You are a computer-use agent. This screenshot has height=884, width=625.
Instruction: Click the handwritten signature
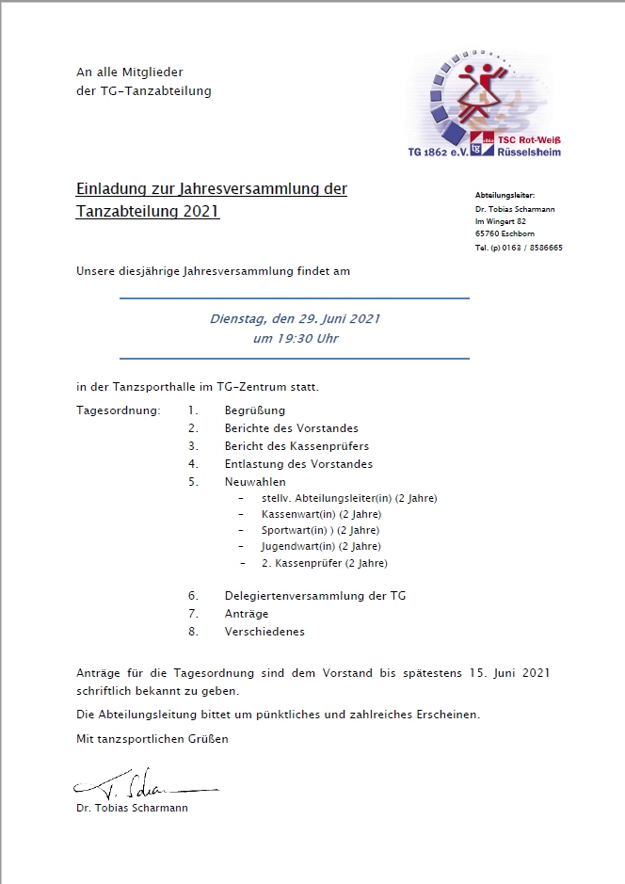coord(141,784)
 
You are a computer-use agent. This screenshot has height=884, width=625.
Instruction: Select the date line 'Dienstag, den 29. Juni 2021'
coord(295,319)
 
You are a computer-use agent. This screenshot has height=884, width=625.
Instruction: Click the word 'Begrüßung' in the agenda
coord(254,410)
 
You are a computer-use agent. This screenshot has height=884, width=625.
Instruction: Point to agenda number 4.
coord(192,464)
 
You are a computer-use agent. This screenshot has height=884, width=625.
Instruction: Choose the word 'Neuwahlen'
coord(255,482)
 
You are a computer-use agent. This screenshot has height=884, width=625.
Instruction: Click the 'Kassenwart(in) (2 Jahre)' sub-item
coord(321,514)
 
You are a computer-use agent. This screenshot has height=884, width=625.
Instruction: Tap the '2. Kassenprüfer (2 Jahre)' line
coord(324,563)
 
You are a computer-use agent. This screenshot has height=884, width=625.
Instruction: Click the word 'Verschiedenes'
coord(264,632)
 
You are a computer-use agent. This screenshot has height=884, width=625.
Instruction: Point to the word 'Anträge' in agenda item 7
coord(247,614)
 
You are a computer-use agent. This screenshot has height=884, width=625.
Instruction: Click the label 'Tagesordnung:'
coord(119,410)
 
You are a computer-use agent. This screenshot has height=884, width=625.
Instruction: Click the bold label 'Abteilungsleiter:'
coord(505,194)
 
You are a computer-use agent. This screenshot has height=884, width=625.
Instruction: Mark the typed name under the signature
coord(133,808)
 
